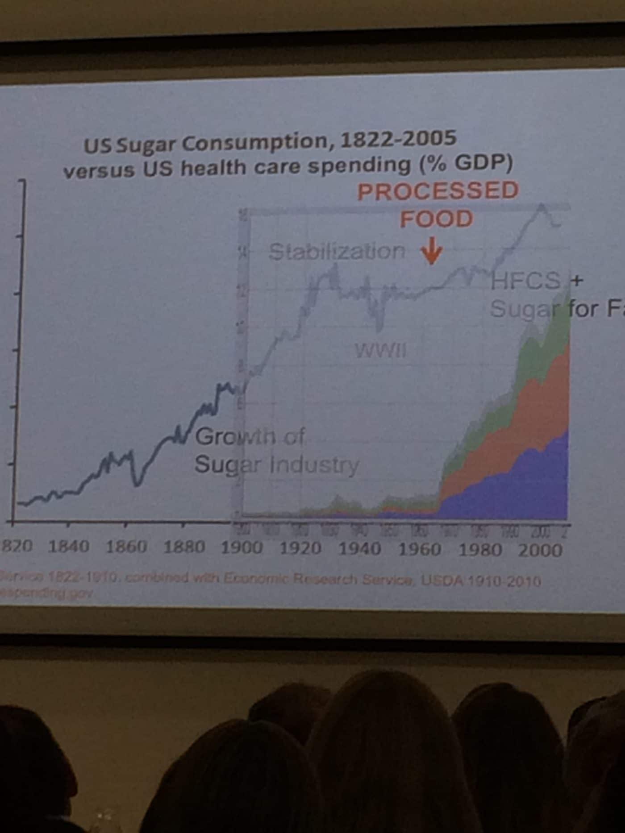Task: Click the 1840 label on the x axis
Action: point(68,547)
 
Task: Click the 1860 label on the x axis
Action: point(126,547)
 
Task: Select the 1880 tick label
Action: point(184,547)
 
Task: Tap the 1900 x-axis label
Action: point(242,548)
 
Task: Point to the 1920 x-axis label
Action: point(300,548)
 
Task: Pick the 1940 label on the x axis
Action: point(360,549)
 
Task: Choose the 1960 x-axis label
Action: point(419,549)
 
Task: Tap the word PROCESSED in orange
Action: point(438,191)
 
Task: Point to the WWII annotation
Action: point(381,351)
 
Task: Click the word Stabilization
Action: point(337,252)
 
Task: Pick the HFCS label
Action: point(525,281)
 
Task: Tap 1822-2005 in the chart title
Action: point(398,140)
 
